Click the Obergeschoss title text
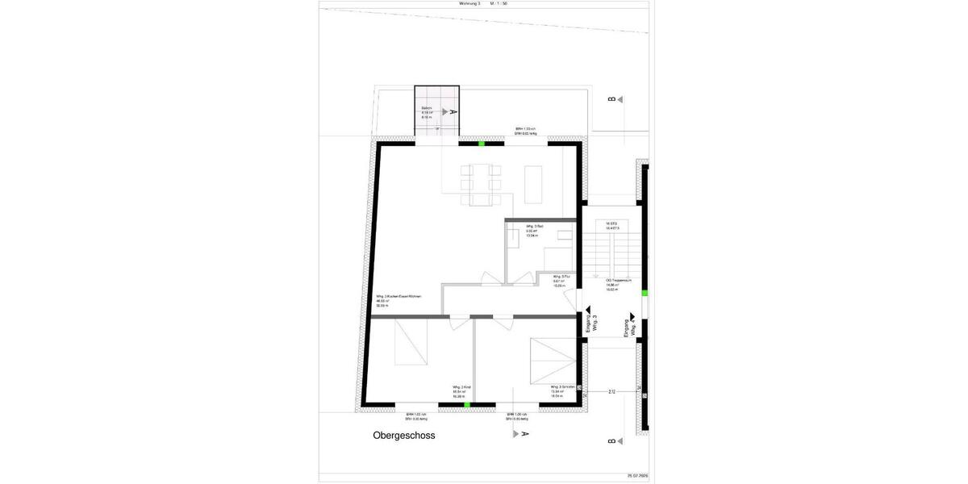coord(404,436)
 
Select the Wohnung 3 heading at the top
coord(469,4)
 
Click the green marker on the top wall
coord(482,143)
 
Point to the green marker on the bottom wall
coord(467,405)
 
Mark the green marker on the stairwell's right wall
coord(644,294)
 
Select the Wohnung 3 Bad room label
coord(534,231)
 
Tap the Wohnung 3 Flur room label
coord(561,281)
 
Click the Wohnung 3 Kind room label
coord(461,391)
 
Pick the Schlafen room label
coord(562,391)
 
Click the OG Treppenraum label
coord(618,285)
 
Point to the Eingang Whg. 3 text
coord(591,323)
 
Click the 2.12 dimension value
coord(611,392)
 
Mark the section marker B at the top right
coord(612,99)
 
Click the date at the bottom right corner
coord(637,476)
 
